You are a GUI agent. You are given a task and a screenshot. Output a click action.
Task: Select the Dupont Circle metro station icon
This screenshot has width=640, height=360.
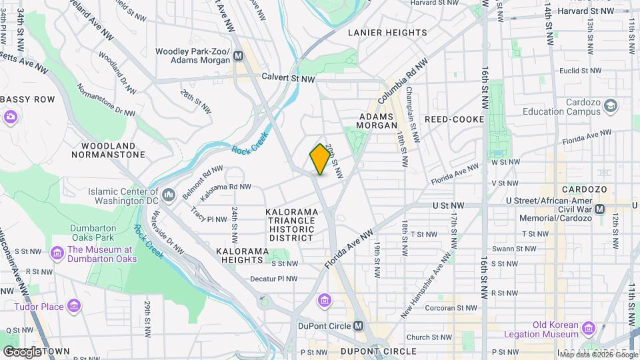point(359,326)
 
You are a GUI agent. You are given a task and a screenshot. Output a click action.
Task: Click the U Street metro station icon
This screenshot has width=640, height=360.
point(599,209)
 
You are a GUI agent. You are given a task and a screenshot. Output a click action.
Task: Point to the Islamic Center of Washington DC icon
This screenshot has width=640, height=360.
point(168,194)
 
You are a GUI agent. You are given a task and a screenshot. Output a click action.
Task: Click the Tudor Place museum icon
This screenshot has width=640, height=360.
point(74,306)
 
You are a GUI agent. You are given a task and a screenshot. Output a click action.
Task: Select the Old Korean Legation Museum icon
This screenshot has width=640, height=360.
point(587,328)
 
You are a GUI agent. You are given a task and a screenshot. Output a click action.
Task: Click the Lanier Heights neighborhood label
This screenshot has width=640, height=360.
point(387,32)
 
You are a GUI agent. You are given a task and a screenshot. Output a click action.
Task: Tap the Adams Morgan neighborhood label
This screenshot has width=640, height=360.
point(378,120)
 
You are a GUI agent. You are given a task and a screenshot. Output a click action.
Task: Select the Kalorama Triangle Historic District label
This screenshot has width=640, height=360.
point(290,225)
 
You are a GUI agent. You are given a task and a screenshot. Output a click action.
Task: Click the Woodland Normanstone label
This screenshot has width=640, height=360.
point(113,150)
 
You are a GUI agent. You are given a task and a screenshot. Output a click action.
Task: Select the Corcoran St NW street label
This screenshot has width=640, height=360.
point(452,308)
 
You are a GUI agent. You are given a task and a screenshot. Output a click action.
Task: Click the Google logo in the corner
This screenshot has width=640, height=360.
point(23,351)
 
